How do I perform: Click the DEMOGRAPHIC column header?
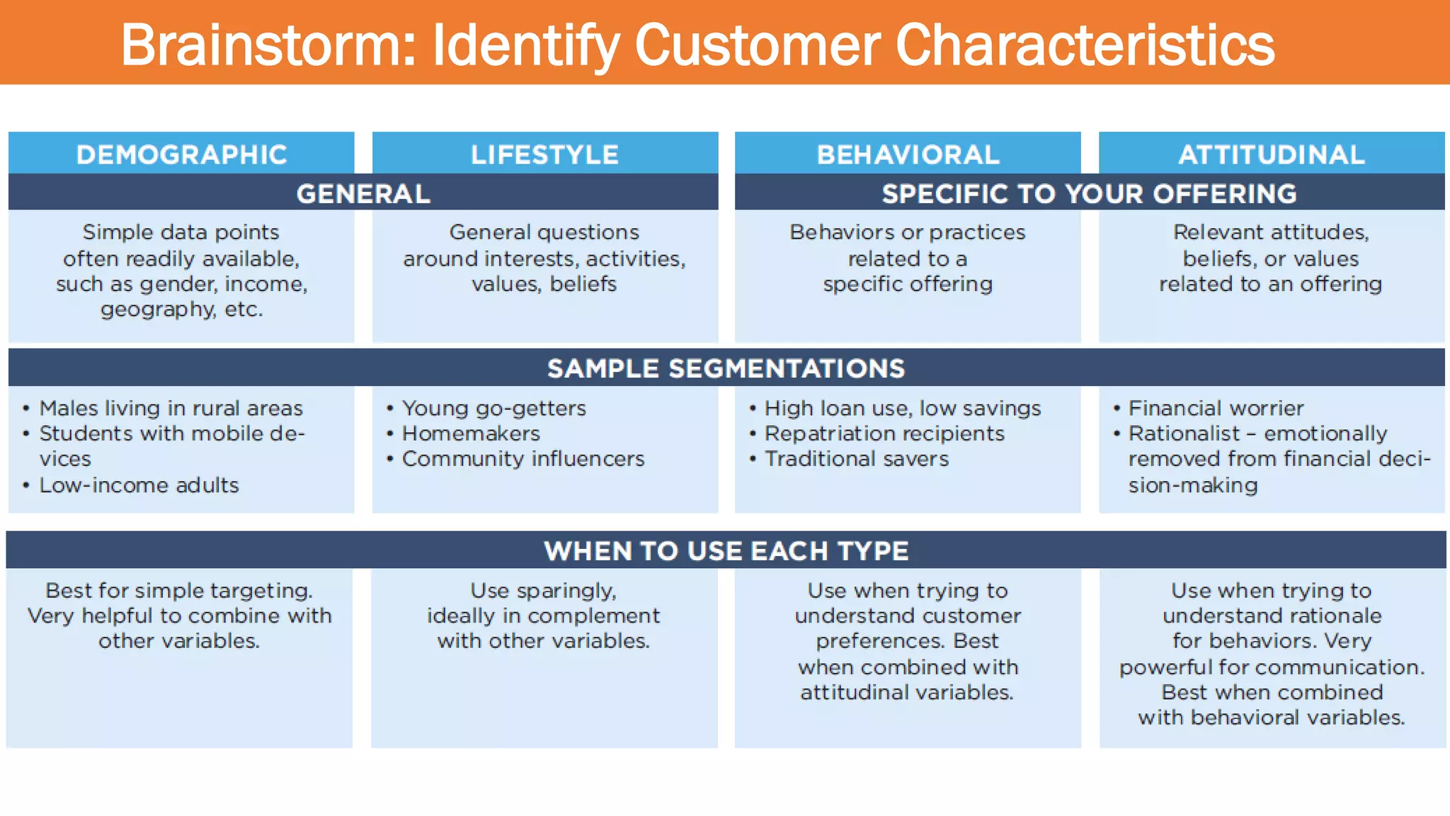point(181,154)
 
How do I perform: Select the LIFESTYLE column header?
point(544,154)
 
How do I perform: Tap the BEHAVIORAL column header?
point(908,154)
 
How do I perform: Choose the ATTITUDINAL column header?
point(1272,154)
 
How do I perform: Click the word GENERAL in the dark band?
point(363,193)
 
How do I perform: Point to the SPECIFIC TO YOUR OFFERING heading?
point(1089,193)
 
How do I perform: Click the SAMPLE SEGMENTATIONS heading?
point(726,368)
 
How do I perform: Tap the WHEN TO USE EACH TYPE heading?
point(726,550)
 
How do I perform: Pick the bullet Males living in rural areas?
point(171,408)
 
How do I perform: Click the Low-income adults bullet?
point(139,485)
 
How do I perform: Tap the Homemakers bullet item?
point(471,433)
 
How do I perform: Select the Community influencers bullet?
point(523,459)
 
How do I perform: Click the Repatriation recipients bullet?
point(884,433)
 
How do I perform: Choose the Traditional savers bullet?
point(857,459)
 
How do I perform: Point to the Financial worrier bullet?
point(1216,408)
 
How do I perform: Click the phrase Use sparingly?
point(543,590)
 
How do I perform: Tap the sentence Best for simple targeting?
point(179,590)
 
